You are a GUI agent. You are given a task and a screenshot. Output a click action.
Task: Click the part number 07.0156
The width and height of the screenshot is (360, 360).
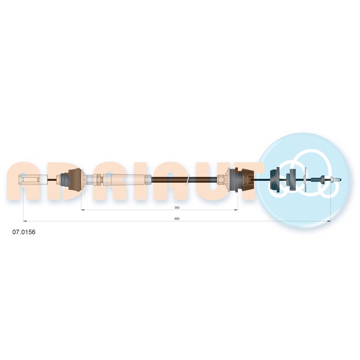[24, 232]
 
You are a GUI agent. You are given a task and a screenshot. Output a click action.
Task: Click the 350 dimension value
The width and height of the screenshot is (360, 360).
[177, 207]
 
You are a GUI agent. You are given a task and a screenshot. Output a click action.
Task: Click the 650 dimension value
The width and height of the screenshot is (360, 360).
[177, 219]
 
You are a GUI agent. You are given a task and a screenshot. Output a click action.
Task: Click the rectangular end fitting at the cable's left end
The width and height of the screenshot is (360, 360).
[32, 179]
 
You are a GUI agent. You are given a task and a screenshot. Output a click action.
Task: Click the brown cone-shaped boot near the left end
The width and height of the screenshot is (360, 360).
[75, 180]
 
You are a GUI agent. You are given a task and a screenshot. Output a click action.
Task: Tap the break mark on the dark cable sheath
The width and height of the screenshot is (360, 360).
[188, 179]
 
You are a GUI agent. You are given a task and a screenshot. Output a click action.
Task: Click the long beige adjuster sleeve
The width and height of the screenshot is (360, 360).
[124, 179]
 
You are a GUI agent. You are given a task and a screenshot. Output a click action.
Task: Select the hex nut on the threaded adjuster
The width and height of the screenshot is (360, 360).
[97, 179]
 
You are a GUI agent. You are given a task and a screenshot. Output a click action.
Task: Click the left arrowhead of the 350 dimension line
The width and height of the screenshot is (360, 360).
[83, 210]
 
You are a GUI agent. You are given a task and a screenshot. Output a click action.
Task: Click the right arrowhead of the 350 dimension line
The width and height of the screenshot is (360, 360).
[236, 210]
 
